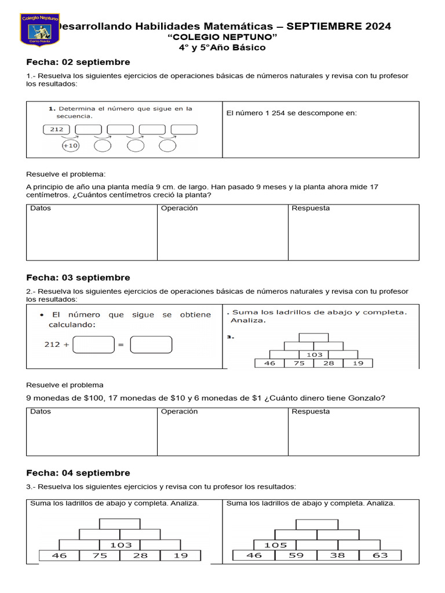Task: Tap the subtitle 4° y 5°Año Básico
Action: (222, 47)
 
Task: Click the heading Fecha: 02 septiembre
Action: (78, 62)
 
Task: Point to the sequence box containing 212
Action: (56, 129)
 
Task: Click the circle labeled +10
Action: (70, 145)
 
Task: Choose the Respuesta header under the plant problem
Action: (311, 208)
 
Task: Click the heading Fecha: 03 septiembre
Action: (78, 277)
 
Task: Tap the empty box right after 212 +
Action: (94, 345)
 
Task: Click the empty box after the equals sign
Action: (151, 345)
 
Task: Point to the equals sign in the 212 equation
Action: (121, 345)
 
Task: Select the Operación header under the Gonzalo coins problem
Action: (179, 411)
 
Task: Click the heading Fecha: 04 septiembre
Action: (78, 473)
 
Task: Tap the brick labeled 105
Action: (275, 545)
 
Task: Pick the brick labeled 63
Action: (380, 555)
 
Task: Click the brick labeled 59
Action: (296, 555)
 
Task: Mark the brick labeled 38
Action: (337, 555)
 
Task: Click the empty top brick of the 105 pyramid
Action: (316, 524)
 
